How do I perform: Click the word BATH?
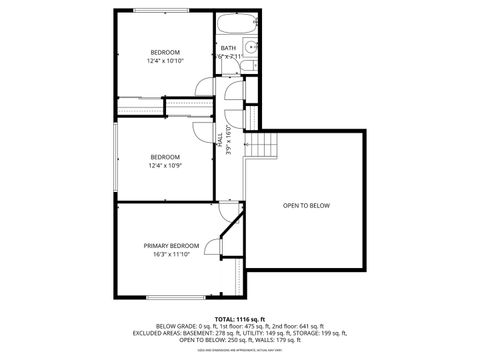(x=228, y=48)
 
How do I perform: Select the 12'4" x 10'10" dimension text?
(x=165, y=61)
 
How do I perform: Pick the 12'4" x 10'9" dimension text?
(x=165, y=165)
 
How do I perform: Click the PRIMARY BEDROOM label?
(x=171, y=245)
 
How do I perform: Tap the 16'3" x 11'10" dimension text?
(x=171, y=254)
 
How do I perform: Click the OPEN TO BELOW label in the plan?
(x=306, y=206)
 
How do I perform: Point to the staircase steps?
(x=261, y=148)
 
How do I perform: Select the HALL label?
(x=220, y=139)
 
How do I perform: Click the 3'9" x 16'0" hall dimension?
(x=228, y=140)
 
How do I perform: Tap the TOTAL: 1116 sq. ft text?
(x=240, y=318)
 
